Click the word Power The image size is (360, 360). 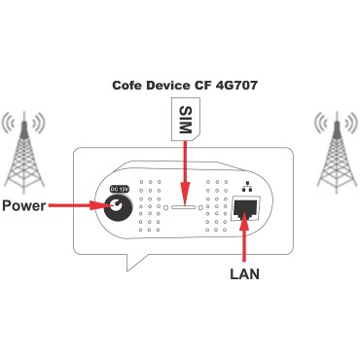tap(24, 206)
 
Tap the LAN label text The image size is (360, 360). tap(244, 274)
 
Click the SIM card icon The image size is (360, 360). tap(179, 121)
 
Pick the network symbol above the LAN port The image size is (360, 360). tap(243, 185)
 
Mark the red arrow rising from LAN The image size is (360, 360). tap(244, 238)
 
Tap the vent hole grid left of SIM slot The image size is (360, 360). tap(152, 206)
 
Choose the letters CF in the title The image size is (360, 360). tap(205, 85)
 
